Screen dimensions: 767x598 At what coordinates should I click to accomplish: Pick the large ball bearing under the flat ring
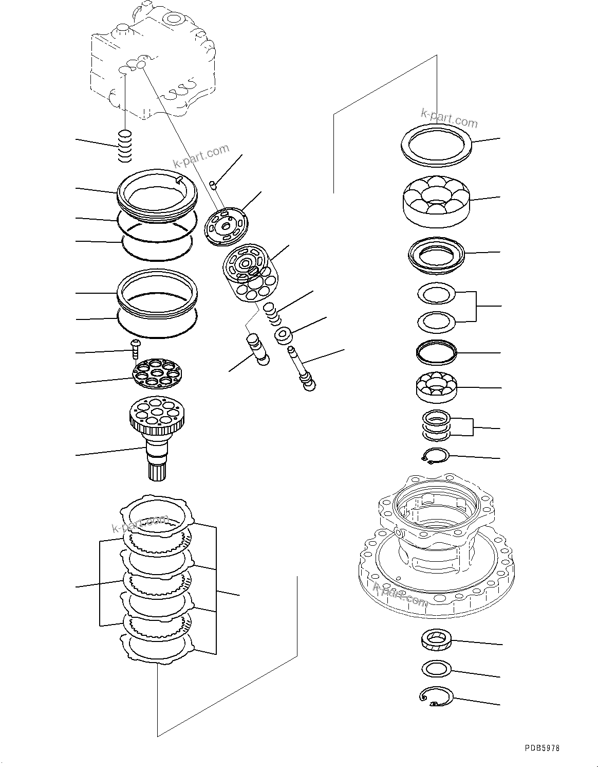436,202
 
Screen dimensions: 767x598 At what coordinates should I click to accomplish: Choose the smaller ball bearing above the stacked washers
436,386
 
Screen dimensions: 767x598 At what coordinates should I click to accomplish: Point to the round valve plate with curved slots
226,224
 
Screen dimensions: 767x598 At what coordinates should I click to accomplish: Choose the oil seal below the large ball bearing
436,255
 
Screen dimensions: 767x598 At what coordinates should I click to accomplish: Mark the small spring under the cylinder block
272,313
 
